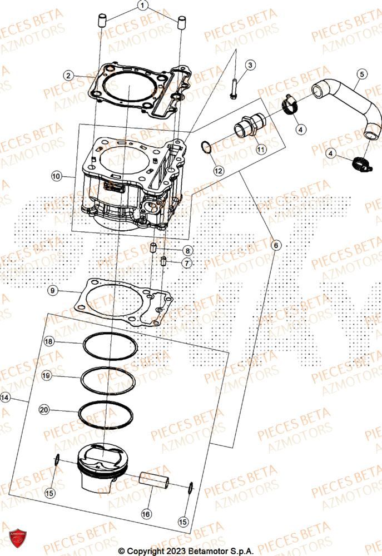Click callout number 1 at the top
click(x=142, y=6)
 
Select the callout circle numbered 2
click(x=68, y=75)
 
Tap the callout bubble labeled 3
click(x=250, y=66)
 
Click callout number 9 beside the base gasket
click(x=52, y=290)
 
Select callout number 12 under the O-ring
click(x=218, y=171)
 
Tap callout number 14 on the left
click(x=6, y=398)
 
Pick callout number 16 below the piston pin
click(x=146, y=515)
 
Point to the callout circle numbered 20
click(x=44, y=410)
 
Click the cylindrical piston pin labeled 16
click(x=154, y=479)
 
